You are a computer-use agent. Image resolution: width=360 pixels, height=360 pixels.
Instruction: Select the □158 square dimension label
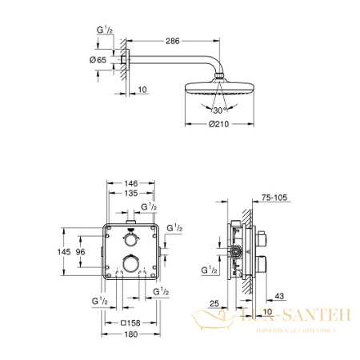[131, 322]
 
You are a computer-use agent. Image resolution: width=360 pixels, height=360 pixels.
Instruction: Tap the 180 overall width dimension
[132, 335]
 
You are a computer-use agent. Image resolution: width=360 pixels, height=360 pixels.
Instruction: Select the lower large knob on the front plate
[130, 264]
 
